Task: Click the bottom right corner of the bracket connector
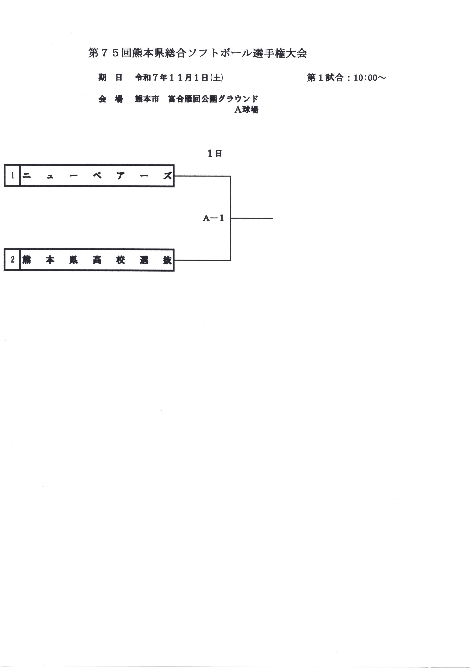click(230, 260)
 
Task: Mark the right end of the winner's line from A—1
click(273, 218)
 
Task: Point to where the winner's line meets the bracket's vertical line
click(230, 218)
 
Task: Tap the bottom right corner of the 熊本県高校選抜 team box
click(174, 271)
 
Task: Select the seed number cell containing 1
click(12, 176)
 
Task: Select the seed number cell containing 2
click(12, 260)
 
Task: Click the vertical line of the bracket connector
click(230, 218)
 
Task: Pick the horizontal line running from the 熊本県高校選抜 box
click(202, 260)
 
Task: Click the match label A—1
click(213, 218)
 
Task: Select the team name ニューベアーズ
click(97, 176)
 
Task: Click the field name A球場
click(246, 110)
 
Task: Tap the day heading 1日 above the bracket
click(215, 153)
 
